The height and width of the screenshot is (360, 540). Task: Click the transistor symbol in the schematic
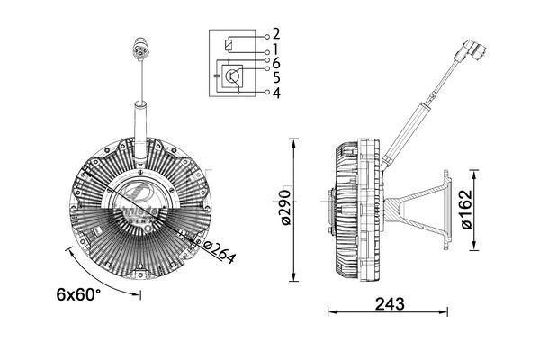[233, 77]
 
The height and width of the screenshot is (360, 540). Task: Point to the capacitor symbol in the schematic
[216, 77]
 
